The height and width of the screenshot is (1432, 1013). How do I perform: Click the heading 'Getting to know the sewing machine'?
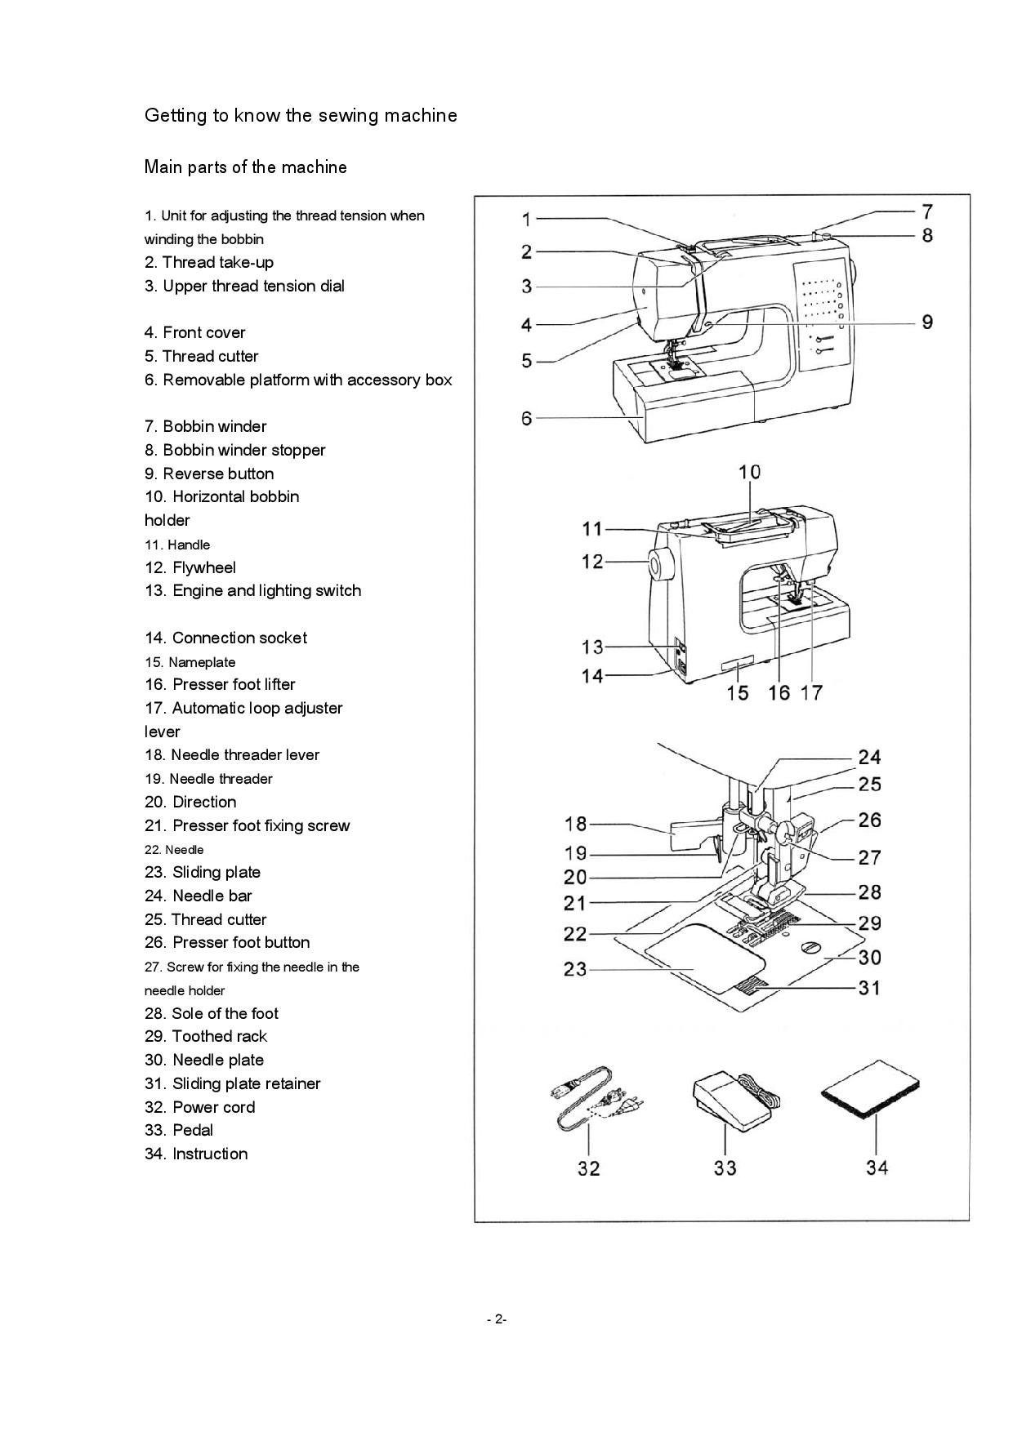(x=301, y=115)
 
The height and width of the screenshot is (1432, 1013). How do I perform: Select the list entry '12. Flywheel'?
(x=190, y=567)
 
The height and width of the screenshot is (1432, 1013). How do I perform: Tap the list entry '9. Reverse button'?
(x=209, y=474)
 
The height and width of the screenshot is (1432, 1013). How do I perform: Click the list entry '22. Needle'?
(x=174, y=850)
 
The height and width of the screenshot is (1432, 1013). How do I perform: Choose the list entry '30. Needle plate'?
(x=204, y=1060)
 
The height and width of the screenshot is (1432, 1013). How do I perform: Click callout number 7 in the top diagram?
(x=927, y=212)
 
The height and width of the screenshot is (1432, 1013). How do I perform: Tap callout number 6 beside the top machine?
(x=527, y=418)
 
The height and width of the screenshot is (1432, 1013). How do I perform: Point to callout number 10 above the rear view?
(x=749, y=472)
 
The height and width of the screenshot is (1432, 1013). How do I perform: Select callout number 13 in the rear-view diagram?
(x=592, y=647)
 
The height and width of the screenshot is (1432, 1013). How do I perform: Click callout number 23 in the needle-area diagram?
(x=575, y=969)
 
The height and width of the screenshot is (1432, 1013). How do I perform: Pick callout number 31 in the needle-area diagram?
(x=870, y=988)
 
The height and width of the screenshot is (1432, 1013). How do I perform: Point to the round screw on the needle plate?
(x=810, y=947)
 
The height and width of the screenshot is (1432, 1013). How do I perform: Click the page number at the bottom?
(x=497, y=1319)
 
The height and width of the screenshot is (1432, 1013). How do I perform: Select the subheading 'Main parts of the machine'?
(x=246, y=167)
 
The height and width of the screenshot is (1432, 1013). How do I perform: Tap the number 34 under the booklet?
(x=877, y=1168)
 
